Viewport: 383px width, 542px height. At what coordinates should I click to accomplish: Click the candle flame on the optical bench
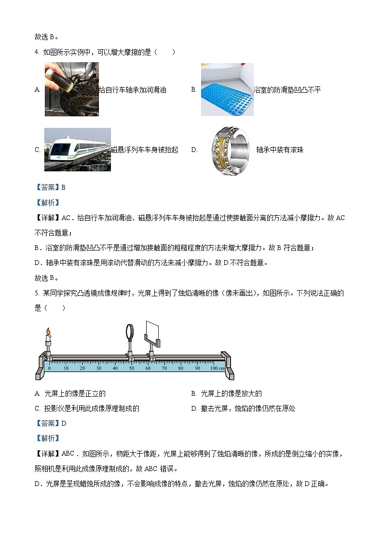(48, 332)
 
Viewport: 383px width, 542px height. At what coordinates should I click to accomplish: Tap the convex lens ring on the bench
(130, 332)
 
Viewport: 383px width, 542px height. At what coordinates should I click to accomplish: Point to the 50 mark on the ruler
(131, 368)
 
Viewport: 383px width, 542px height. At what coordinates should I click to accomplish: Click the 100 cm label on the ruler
(217, 368)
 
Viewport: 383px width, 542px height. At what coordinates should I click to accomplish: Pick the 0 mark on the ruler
(49, 368)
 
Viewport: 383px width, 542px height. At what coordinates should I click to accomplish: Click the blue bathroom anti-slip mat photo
(227, 90)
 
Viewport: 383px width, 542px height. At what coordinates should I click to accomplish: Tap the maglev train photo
(77, 150)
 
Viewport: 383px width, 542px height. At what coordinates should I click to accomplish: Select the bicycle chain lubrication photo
(71, 90)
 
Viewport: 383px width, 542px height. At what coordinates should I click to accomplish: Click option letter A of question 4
(38, 90)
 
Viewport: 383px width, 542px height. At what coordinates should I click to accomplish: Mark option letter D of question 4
(194, 150)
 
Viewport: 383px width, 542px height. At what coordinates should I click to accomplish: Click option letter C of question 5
(38, 408)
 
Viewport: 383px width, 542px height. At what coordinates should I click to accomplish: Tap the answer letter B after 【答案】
(63, 187)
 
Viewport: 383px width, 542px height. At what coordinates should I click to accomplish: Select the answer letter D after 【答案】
(63, 423)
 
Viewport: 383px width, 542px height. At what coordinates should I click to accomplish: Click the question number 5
(36, 293)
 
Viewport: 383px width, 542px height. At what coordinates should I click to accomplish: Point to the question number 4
(36, 52)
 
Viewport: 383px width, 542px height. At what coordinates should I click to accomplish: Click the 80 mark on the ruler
(180, 368)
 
